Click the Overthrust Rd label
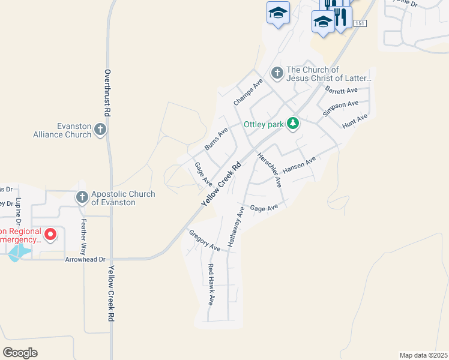(107, 92)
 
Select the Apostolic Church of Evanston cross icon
(82, 197)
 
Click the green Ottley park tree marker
(292, 124)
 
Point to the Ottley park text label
(263, 125)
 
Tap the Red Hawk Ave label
(211, 284)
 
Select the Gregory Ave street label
(205, 240)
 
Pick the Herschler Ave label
(270, 170)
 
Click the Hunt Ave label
(354, 122)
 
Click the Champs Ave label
(248, 92)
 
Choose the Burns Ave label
(216, 139)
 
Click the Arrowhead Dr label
(85, 259)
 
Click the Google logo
(20, 352)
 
